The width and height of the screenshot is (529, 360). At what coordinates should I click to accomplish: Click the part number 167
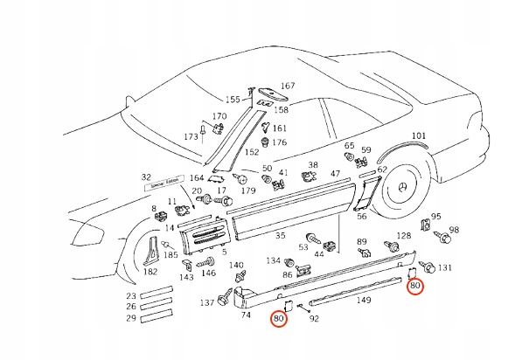288,87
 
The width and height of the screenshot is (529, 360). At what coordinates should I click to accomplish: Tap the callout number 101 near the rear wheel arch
419,135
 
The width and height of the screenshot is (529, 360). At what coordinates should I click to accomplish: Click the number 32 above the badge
146,177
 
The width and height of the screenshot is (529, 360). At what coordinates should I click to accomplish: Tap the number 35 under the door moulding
280,236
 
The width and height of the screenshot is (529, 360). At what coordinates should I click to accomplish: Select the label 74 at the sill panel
246,315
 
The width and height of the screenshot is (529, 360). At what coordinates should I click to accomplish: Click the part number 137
206,303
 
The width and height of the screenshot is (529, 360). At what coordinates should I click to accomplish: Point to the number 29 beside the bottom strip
130,319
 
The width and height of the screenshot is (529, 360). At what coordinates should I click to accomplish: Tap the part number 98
453,231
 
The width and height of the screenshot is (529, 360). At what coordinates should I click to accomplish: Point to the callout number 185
171,255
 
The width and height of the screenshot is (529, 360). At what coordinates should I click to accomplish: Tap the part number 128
404,236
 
